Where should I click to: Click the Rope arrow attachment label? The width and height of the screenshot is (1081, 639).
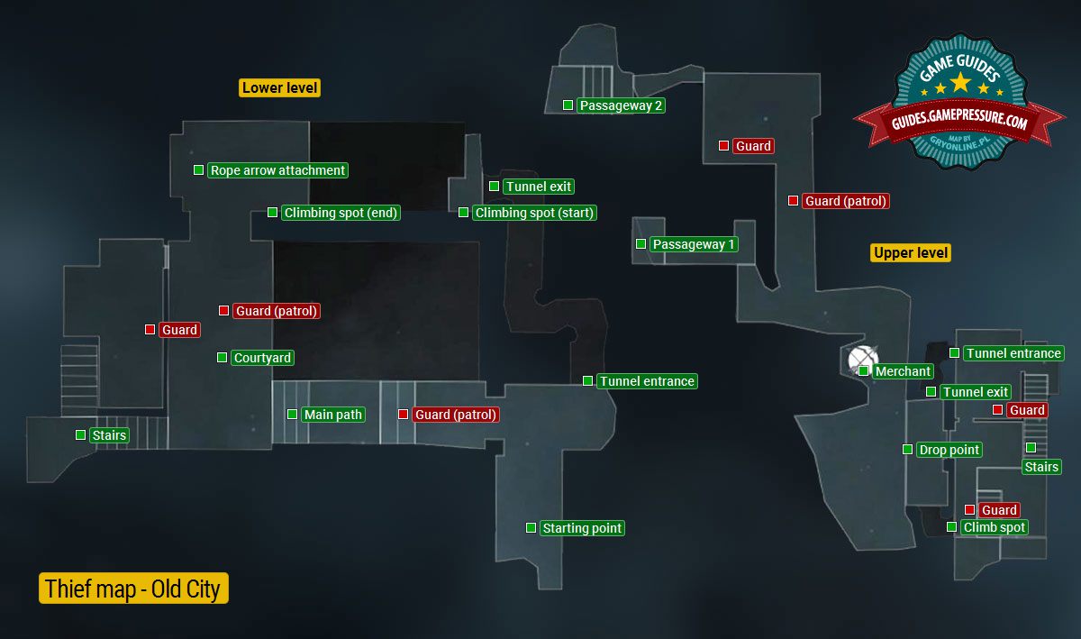pos(277,170)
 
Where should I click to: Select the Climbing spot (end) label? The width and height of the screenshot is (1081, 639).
pos(341,213)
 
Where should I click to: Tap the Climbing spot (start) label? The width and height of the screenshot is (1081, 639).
pos(534,213)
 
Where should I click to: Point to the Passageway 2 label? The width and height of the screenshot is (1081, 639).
pos(622,105)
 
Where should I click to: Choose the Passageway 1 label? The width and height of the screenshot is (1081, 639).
pos(694,244)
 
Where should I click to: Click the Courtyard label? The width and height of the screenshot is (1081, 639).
pos(262,358)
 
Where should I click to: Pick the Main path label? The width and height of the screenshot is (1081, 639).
pos(332,415)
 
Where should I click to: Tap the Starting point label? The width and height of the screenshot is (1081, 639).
pos(582,528)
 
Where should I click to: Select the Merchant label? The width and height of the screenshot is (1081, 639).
pos(903,371)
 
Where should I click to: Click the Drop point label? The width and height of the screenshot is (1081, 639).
pos(949,450)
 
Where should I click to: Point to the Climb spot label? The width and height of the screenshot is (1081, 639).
pos(995,527)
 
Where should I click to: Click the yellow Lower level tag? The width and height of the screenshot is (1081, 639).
pos(280,87)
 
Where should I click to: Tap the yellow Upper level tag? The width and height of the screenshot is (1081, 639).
pos(911,252)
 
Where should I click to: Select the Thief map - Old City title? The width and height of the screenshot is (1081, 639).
pos(133,589)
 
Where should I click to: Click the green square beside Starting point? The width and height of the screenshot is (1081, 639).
pos(531,527)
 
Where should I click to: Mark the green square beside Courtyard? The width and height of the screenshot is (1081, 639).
pos(222,358)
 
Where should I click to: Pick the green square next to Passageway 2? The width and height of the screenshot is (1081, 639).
pos(568,105)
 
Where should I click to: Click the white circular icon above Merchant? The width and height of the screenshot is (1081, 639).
pos(862,359)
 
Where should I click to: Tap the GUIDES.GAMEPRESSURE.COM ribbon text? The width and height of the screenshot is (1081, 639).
pos(960,123)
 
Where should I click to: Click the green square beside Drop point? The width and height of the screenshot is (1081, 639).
pos(907,450)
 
